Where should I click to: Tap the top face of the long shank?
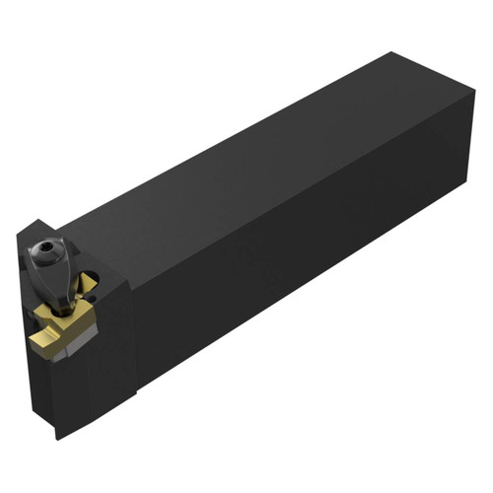coord(246,148)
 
